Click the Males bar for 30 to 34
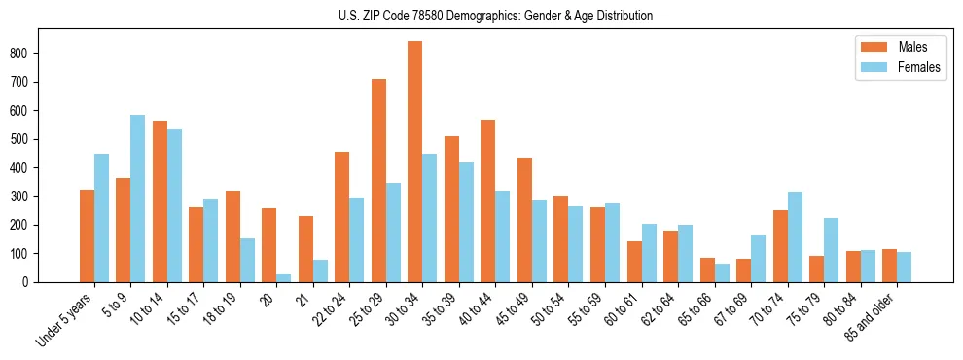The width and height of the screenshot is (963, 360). pyautogui.click(x=415, y=162)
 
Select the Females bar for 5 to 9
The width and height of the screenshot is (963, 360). pyautogui.click(x=138, y=198)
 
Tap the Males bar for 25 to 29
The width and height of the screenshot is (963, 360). pyautogui.click(x=378, y=180)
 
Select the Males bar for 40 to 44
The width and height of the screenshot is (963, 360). pyautogui.click(x=488, y=200)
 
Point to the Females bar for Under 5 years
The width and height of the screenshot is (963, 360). pyautogui.click(x=101, y=218)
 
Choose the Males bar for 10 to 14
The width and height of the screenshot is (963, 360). pyautogui.click(x=160, y=201)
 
